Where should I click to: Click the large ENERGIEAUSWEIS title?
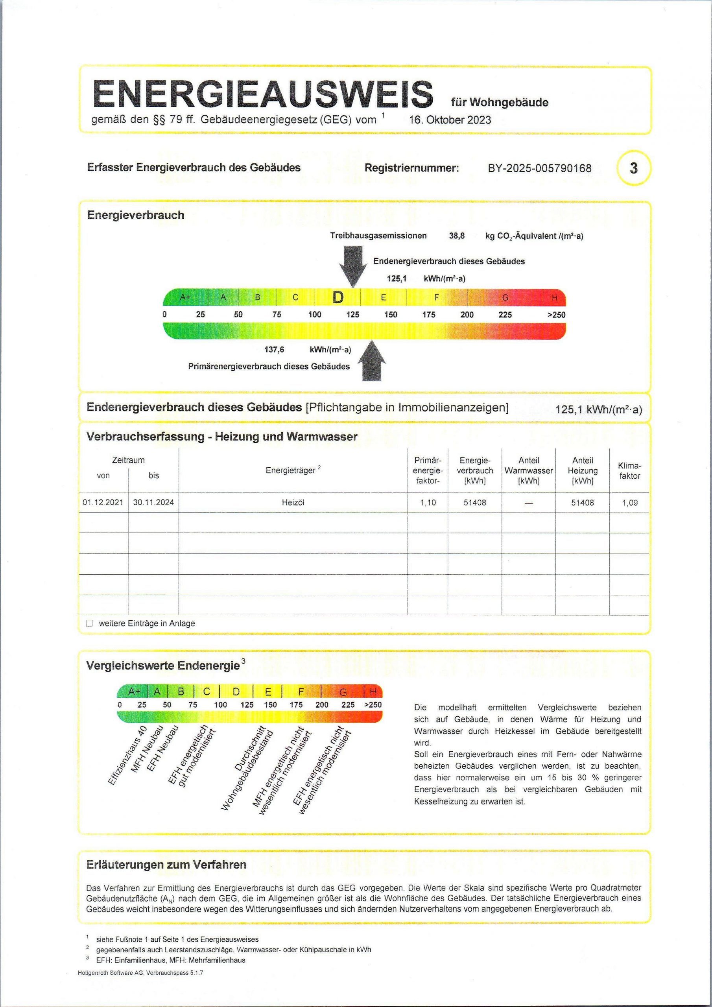(263, 94)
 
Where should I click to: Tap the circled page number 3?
(633, 168)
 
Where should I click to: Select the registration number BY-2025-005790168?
(539, 168)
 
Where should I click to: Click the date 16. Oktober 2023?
(450, 120)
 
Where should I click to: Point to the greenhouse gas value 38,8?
(456, 236)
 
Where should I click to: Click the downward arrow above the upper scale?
(353, 266)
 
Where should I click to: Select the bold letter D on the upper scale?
(338, 298)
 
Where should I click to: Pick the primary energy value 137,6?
(274, 350)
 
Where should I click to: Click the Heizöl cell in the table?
(293, 503)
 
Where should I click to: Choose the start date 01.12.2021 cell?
(103, 503)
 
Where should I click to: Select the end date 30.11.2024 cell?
(153, 503)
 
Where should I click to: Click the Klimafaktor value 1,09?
(629, 503)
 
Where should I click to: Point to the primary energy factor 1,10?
(428, 503)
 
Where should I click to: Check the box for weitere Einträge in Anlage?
(90, 623)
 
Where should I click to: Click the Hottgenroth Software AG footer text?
(140, 973)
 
